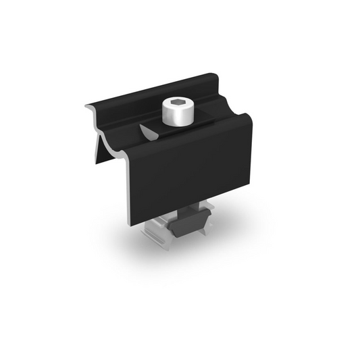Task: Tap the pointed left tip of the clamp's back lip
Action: click(88, 105)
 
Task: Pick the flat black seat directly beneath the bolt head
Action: click(177, 128)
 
